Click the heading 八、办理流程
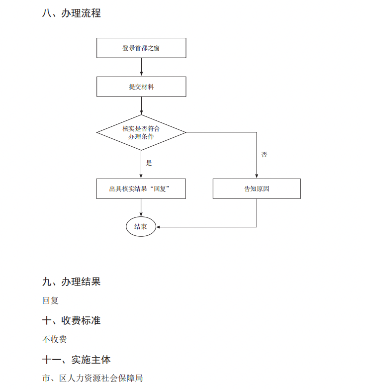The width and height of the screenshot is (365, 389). pyautogui.click(x=71, y=13)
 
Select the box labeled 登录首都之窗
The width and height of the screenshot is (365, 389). pyautogui.click(x=141, y=48)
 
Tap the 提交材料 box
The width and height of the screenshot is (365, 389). pyautogui.click(x=141, y=87)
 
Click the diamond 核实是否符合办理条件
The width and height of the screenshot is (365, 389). pyautogui.click(x=141, y=132)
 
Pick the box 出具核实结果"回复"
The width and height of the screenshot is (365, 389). pyautogui.click(x=141, y=189)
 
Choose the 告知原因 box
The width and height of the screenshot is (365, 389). pyautogui.click(x=257, y=189)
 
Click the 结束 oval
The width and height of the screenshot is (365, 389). pyautogui.click(x=141, y=227)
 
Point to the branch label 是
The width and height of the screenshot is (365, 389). pyautogui.click(x=149, y=163)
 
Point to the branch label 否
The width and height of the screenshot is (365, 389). pyautogui.click(x=265, y=155)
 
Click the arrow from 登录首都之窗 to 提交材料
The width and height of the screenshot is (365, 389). pyautogui.click(x=141, y=67)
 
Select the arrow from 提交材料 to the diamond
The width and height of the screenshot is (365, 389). pyautogui.click(x=141, y=105)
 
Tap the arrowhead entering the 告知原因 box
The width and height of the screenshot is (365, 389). pyautogui.click(x=257, y=176)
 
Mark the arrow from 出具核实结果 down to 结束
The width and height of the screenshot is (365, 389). pyautogui.click(x=141, y=208)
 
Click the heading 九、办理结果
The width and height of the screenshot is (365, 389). pyautogui.click(x=71, y=282)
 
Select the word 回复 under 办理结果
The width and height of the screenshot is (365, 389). pyautogui.click(x=50, y=301)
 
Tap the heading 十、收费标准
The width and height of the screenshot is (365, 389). pyautogui.click(x=71, y=321)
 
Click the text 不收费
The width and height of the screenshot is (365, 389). pyautogui.click(x=55, y=340)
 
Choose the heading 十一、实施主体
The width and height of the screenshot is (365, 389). pyautogui.click(x=76, y=360)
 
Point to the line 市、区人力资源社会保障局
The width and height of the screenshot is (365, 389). pyautogui.click(x=92, y=379)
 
